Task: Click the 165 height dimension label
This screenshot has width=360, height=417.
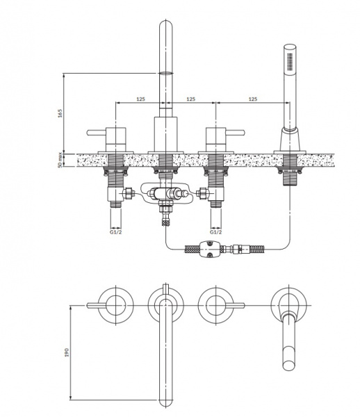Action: click(60, 113)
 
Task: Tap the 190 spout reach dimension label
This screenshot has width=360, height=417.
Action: click(67, 352)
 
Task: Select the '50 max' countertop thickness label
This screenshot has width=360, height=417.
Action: click(60, 161)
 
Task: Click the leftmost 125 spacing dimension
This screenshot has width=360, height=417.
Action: click(140, 99)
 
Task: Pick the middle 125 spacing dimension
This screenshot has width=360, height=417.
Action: click(190, 99)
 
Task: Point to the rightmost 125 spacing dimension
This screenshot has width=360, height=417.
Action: click(253, 99)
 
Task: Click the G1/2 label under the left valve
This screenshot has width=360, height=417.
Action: click(115, 232)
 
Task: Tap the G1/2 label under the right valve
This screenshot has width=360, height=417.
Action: click(215, 232)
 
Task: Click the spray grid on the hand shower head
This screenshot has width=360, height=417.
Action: click(290, 62)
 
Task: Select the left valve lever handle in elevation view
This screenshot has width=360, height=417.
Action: click(97, 133)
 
